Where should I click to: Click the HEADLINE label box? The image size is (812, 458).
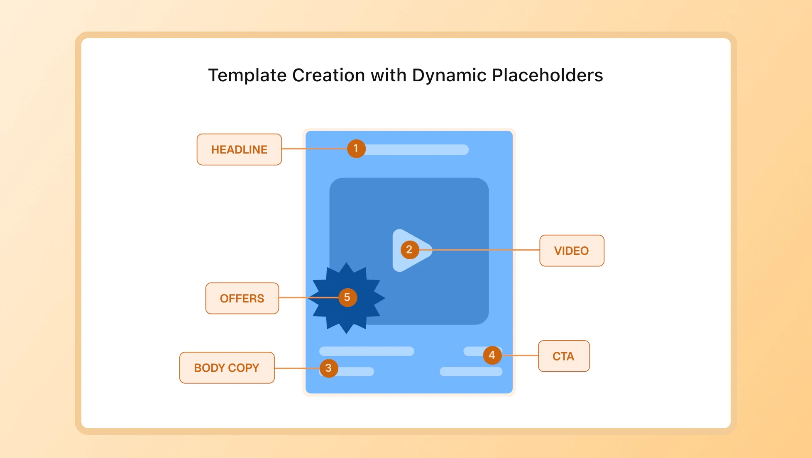[x=239, y=149]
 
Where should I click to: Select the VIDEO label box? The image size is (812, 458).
[x=571, y=251]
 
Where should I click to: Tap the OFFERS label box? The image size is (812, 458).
[x=242, y=298]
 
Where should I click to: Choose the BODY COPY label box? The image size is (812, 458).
[x=227, y=368]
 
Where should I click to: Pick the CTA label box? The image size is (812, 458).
[x=563, y=356]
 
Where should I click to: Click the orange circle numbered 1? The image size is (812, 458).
[x=356, y=149]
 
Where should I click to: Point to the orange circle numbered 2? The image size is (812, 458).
[x=409, y=250]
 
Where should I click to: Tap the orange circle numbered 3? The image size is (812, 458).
[x=328, y=368]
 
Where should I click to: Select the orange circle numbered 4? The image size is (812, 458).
[x=492, y=355]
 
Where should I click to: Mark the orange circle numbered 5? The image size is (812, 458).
[x=347, y=297]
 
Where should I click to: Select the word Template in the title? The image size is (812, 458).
[x=247, y=76]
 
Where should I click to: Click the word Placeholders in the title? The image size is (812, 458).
[x=547, y=76]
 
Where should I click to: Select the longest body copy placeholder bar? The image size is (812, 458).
[x=367, y=351]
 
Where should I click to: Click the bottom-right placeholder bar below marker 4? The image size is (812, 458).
[x=471, y=371]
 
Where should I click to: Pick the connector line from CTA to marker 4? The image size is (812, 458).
[x=520, y=355]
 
